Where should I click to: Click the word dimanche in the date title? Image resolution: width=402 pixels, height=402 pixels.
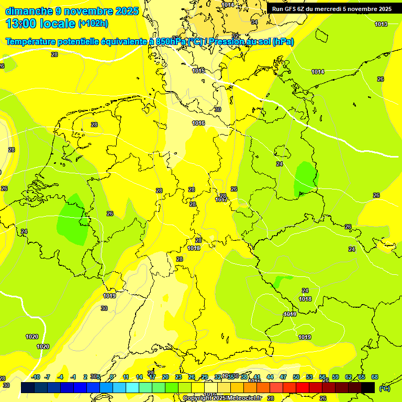[x=29, y=11]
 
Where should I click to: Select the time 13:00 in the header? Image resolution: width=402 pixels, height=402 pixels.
[x=25, y=23]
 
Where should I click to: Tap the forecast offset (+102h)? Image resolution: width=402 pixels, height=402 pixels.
[x=93, y=23]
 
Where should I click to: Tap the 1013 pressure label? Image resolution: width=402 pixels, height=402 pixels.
[x=381, y=24]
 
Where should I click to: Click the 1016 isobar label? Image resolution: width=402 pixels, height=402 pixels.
[x=198, y=123]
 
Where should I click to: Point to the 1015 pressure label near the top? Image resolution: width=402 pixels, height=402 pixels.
[x=198, y=71]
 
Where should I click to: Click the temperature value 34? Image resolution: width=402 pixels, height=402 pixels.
[x=254, y=22]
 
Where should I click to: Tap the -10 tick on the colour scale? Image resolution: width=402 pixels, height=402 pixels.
[x=36, y=377]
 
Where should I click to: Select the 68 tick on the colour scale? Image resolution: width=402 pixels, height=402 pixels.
[x=375, y=377]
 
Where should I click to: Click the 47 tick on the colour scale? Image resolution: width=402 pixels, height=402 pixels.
[x=283, y=377]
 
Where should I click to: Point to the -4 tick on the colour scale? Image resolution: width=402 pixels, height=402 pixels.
[x=60, y=377]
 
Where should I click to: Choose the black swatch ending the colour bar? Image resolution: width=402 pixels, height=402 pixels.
[x=368, y=387]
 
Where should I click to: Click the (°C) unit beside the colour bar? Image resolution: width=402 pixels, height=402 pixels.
[x=384, y=388]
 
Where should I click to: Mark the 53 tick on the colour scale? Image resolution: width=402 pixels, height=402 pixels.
[x=309, y=377]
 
